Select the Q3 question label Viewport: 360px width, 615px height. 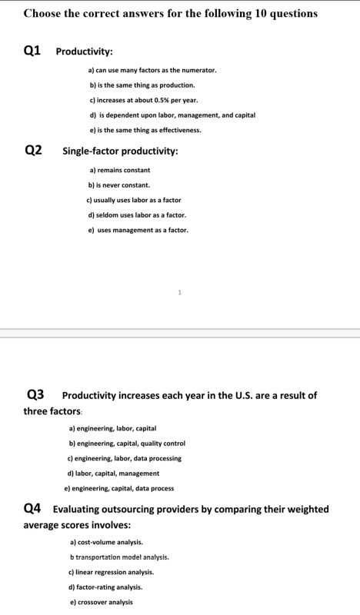tap(36, 395)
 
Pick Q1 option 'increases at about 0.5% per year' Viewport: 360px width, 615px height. tap(143, 99)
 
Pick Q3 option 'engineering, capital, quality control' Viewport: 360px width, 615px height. tap(127, 443)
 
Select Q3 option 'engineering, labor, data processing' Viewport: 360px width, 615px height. tap(125, 458)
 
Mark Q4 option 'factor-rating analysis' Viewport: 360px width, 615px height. tap(108, 587)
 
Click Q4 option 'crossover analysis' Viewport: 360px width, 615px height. tap(100, 602)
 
